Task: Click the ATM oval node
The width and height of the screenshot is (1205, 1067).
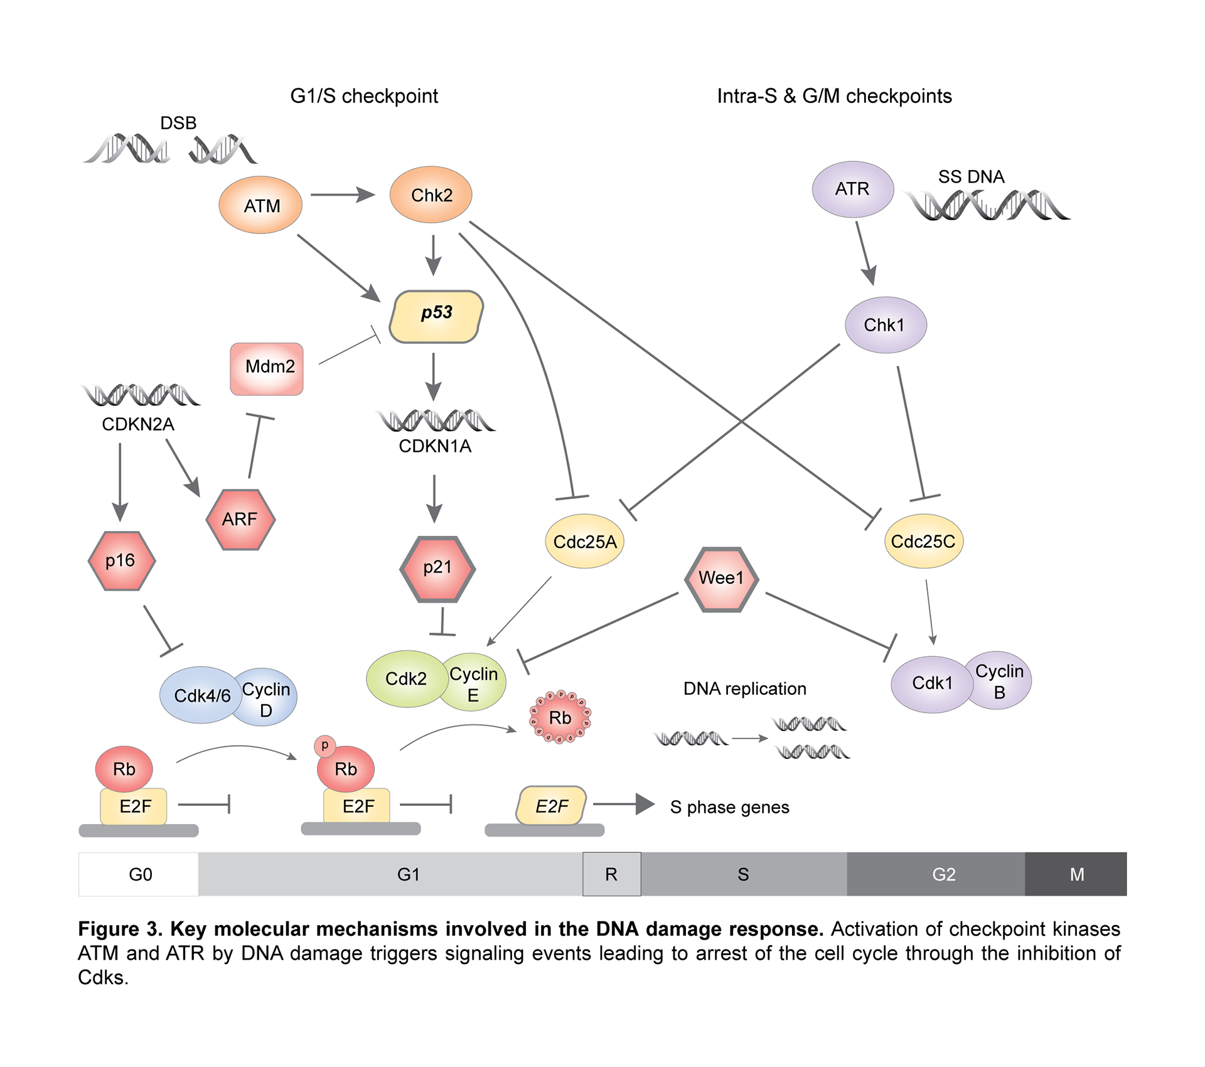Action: (260, 205)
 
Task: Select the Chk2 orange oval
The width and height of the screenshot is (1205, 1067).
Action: (431, 195)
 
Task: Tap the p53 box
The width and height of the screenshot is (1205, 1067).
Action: (437, 316)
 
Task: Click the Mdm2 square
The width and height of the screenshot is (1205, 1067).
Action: (267, 368)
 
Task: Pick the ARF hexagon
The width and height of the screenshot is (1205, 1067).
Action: (240, 520)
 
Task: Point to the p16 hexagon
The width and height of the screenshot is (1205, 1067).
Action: (121, 560)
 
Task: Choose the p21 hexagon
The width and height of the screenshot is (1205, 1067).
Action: (437, 569)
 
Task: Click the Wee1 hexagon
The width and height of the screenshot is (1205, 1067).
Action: (721, 579)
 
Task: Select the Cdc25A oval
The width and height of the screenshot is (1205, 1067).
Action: (584, 542)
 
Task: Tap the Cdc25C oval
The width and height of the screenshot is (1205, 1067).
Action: (923, 542)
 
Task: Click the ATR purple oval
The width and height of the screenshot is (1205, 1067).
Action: (852, 189)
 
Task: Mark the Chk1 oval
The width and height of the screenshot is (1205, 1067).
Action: (885, 325)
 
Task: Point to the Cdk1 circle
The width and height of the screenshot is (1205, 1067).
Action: (931, 684)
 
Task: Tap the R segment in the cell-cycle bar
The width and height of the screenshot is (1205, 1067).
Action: (611, 874)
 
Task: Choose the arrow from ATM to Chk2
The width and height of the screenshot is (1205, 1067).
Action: (342, 195)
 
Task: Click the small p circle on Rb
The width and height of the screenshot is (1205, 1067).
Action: (324, 746)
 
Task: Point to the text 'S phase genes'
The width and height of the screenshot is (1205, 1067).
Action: (729, 807)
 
